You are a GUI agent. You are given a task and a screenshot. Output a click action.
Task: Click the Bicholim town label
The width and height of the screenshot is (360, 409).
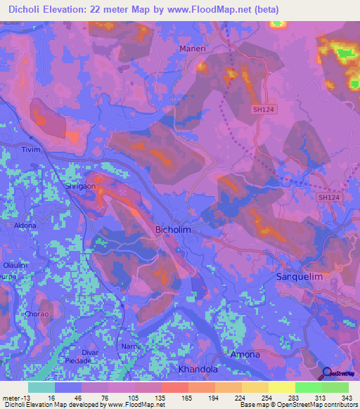tap(172, 230)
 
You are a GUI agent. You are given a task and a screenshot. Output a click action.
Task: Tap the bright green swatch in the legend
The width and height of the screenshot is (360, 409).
tap(308, 387)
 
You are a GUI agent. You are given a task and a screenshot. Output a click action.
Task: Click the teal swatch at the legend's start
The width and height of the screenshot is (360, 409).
tap(41, 387)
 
